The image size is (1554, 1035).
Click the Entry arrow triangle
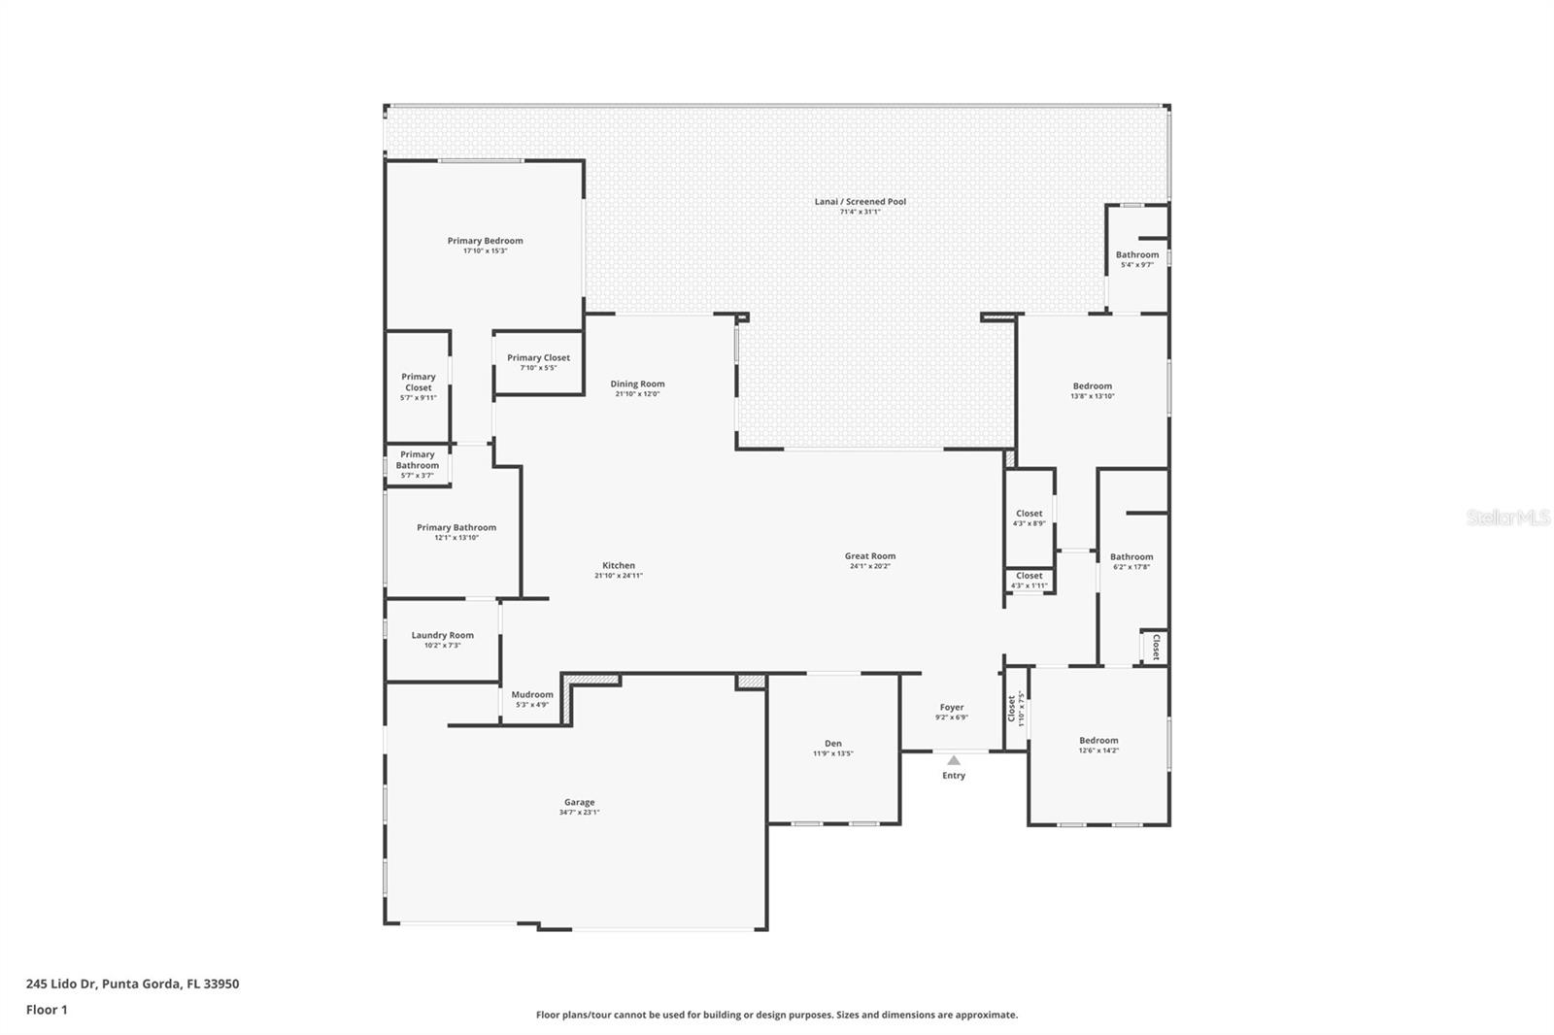pos(954,760)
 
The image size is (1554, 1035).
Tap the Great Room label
pos(869,556)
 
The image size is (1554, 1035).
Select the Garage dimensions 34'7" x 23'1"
pos(579,813)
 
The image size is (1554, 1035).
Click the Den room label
pos(832,744)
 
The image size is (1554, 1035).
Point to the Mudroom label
pos(532,694)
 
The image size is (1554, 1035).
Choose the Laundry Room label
pos(442,635)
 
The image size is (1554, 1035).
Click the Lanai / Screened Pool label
pos(860,202)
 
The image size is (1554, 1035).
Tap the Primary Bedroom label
pos(485,241)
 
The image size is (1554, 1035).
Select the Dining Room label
pos(637,384)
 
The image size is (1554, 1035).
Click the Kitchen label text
pos(619,565)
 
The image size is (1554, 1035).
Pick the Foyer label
pos(951,708)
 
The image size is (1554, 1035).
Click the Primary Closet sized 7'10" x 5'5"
pos(538,358)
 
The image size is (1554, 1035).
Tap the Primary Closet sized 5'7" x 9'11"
pos(419,383)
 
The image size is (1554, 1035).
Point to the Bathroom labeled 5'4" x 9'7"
pos(1136,255)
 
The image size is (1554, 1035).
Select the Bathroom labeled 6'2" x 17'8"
pos(1132,557)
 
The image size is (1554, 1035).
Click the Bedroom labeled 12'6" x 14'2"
pos(1098,740)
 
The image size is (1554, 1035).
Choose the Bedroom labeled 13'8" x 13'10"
pos(1092,386)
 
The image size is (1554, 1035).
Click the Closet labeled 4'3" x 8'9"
pos(1029,514)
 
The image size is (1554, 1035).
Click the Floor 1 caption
pos(47,1010)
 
